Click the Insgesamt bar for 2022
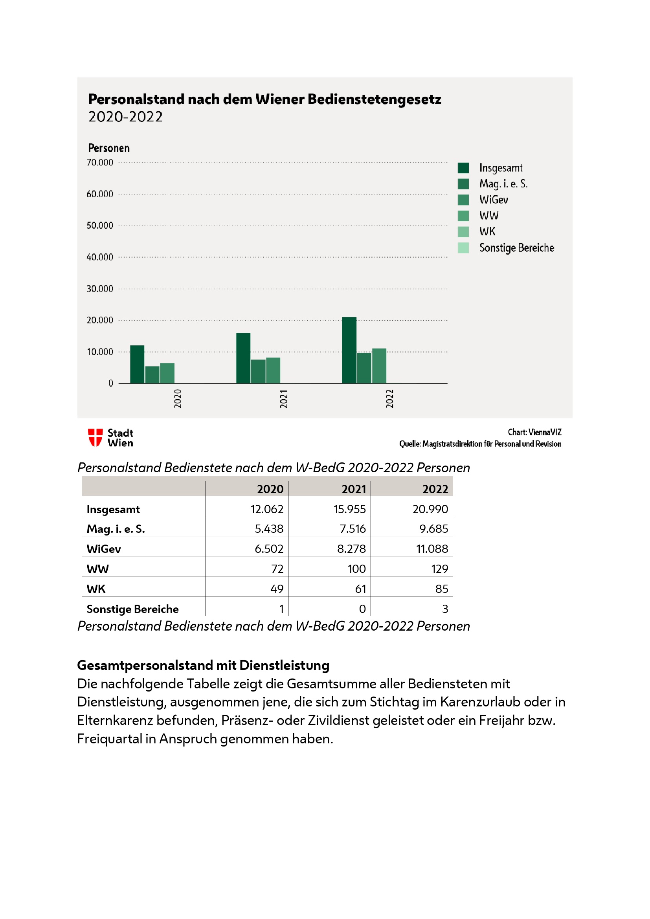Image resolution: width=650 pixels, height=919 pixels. (349, 350)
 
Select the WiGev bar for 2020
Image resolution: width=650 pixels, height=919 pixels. (167, 373)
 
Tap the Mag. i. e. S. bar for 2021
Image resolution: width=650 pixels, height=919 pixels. (258, 371)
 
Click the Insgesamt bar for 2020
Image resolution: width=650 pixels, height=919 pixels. (137, 364)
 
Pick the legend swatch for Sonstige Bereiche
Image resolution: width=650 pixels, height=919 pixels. (463, 248)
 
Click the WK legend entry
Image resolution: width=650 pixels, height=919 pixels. (487, 232)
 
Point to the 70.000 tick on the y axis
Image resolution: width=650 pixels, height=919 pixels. (100, 163)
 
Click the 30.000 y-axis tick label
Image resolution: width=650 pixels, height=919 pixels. (100, 289)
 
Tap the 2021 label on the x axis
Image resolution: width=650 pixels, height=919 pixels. (284, 399)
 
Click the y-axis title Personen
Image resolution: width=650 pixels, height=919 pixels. (108, 148)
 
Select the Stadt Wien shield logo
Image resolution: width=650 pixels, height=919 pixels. (95, 437)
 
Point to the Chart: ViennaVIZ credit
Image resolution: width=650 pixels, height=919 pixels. (534, 432)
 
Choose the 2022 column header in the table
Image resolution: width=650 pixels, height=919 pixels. (435, 489)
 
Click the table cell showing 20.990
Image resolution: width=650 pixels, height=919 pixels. (430, 509)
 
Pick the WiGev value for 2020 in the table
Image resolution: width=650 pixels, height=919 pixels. (268, 549)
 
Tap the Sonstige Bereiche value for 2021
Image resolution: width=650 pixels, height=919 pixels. (362, 609)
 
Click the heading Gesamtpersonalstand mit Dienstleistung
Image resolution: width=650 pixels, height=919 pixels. (203, 665)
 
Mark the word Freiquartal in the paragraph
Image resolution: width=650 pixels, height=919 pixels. (109, 739)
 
